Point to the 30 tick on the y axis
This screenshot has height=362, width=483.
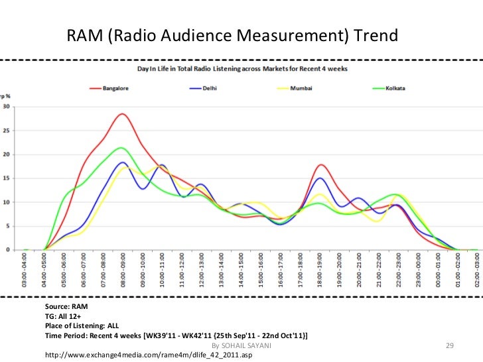[x=7, y=107]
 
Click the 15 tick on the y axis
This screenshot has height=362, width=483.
[x=7, y=178]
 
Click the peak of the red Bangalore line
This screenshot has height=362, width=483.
[x=121, y=114]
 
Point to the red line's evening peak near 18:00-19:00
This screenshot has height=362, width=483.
[x=321, y=164]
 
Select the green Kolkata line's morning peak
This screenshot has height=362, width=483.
[x=121, y=148]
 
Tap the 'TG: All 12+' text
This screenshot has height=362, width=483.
[x=65, y=318]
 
